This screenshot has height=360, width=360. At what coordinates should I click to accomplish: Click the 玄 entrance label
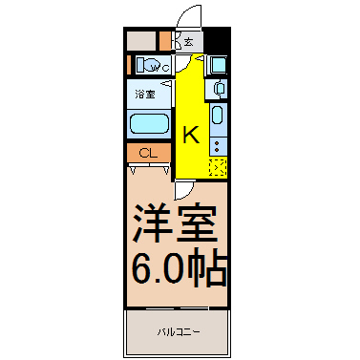[x=189, y=42]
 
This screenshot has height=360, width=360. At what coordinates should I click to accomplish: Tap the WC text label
[x=159, y=68]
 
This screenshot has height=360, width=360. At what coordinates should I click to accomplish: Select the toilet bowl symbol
[x=149, y=66]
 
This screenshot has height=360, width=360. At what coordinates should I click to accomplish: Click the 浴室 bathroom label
[x=145, y=95]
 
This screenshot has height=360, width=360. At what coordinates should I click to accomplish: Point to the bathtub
[x=149, y=124]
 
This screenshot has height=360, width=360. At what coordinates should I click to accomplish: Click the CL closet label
[x=148, y=154]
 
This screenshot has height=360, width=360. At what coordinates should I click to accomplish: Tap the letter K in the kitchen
[x=191, y=135]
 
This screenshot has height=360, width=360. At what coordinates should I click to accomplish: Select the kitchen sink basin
[x=218, y=115]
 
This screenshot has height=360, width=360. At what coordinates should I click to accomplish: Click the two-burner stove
[x=218, y=147]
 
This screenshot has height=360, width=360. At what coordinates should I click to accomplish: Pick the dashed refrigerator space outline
[x=218, y=167]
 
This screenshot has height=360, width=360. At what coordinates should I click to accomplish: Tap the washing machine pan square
[x=219, y=65]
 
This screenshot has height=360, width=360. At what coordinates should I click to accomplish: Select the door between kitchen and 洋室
[x=183, y=189]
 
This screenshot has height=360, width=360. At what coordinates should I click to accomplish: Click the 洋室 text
[x=175, y=222]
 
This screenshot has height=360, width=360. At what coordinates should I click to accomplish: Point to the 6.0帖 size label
[x=179, y=265]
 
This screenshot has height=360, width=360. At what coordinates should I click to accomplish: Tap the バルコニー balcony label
[x=179, y=332]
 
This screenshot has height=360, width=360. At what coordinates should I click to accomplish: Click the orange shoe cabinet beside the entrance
[x=165, y=41]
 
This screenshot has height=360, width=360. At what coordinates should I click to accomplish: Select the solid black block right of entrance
[x=216, y=40]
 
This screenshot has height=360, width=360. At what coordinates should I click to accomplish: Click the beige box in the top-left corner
[x=141, y=41]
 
